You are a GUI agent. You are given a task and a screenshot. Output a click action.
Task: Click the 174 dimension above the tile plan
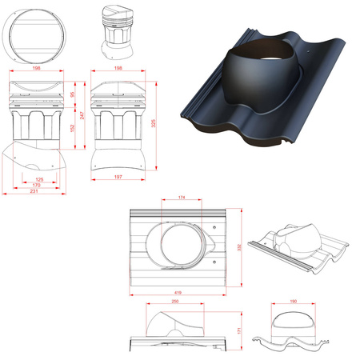point(182,197)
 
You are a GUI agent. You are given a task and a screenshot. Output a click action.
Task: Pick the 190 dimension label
point(293,302)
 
